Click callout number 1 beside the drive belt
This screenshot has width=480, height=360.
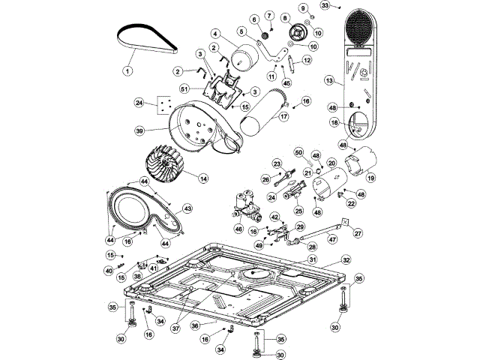(127, 71)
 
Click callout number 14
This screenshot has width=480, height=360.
(203, 178)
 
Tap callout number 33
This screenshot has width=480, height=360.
(324, 5)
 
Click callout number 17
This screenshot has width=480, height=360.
(285, 116)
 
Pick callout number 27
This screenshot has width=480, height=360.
(358, 233)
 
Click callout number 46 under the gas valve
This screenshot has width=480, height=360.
(238, 229)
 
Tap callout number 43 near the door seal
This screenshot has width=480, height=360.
(187, 208)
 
